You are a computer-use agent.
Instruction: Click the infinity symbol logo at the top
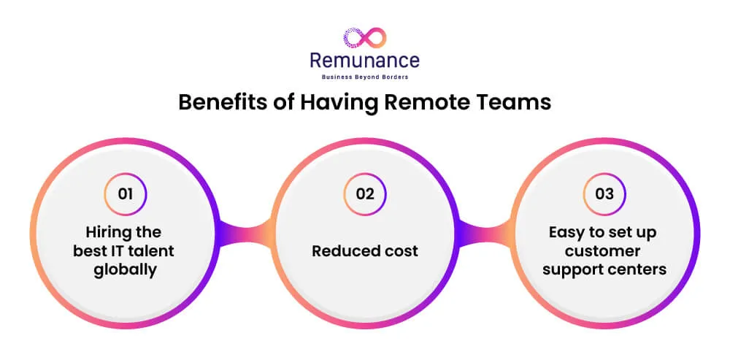click(x=364, y=37)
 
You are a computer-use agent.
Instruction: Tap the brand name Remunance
click(x=365, y=60)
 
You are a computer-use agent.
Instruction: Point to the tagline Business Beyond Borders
click(x=365, y=77)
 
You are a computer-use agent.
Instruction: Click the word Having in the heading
click(x=334, y=102)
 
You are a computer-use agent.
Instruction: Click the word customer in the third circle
click(x=605, y=251)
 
